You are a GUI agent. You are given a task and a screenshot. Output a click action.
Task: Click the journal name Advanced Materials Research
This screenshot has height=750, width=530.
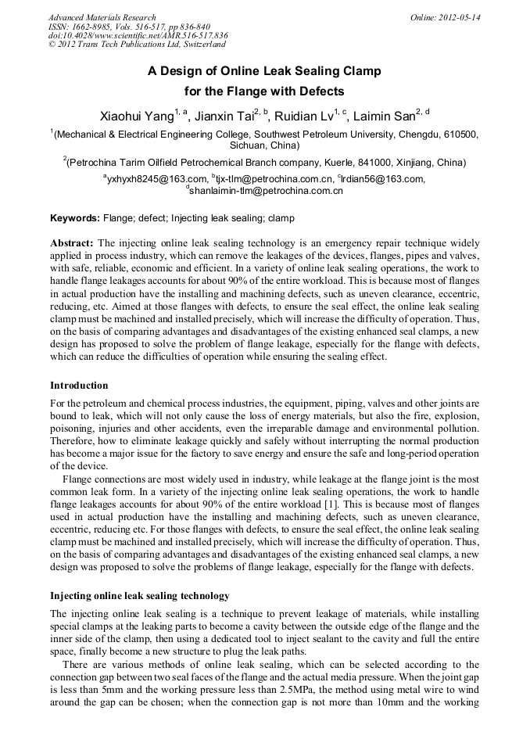[102, 17]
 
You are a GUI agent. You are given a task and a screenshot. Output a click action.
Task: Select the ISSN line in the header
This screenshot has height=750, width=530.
[129, 27]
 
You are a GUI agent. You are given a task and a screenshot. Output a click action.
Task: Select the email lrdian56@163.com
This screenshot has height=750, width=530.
[383, 179]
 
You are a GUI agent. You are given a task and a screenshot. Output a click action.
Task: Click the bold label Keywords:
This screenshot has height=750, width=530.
[75, 217]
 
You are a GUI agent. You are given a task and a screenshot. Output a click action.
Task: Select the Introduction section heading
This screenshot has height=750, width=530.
[79, 386]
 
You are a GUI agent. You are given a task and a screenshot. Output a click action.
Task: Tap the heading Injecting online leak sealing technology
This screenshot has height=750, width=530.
[139, 595]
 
